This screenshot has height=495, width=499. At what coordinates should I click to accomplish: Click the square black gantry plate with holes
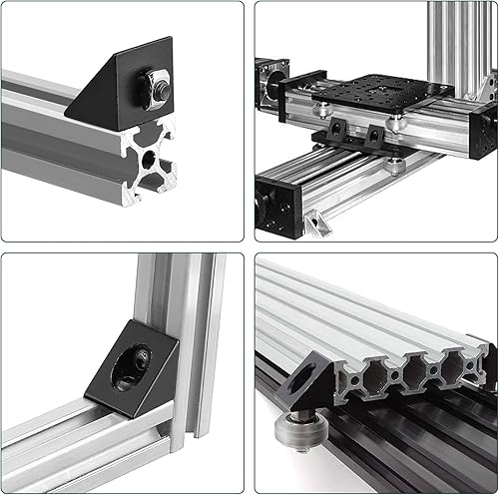point(380,95)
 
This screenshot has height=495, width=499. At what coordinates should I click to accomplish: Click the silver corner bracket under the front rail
point(317,222)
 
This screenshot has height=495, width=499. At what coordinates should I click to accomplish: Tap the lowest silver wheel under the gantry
point(397,165)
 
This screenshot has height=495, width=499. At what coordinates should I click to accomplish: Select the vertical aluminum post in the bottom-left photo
point(190,329)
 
